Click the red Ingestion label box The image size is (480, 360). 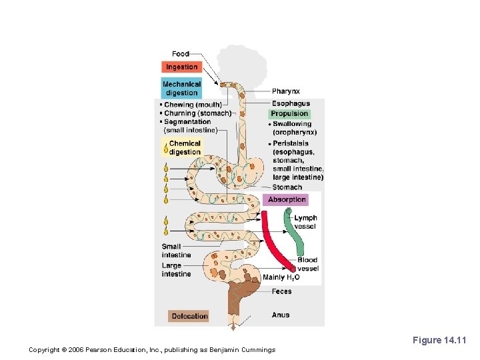tap(181, 67)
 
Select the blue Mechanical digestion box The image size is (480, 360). tap(181, 89)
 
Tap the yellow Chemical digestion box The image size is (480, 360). tap(184, 147)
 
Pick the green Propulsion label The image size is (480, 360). tap(289, 113)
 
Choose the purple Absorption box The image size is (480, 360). tap(287, 199)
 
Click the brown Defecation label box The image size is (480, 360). tap(189, 316)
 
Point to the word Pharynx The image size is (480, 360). tap(286, 91)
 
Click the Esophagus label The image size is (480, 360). tap(291, 103)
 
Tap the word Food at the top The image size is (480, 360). tap(181, 54)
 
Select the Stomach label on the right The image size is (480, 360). tap(287, 187)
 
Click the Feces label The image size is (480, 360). tap(281, 291)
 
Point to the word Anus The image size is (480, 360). tap(281, 315)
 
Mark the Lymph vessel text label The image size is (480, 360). tap(306, 222)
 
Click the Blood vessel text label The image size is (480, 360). tap(308, 264)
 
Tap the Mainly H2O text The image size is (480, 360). tap(281, 277)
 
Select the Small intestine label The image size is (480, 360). tap(176, 251)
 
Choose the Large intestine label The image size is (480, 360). tap(176, 269)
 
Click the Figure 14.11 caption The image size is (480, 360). tap(439, 341)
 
